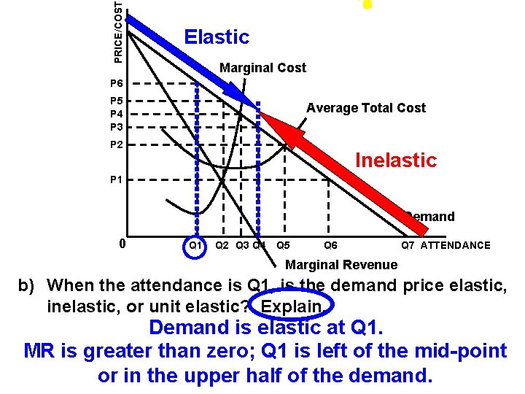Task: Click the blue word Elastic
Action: (217, 37)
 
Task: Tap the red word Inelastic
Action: (395, 161)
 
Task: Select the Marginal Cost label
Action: (262, 68)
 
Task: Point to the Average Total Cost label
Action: (365, 108)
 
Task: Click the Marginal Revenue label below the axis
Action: (341, 265)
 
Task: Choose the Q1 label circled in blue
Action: (195, 245)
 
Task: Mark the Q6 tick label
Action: (330, 245)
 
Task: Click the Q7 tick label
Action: (408, 245)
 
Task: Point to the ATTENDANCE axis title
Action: (456, 245)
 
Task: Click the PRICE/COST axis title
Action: (119, 29)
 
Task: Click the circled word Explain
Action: (291, 305)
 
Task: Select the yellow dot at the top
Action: (367, 4)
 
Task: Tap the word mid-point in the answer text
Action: (462, 351)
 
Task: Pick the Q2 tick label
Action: (223, 245)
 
